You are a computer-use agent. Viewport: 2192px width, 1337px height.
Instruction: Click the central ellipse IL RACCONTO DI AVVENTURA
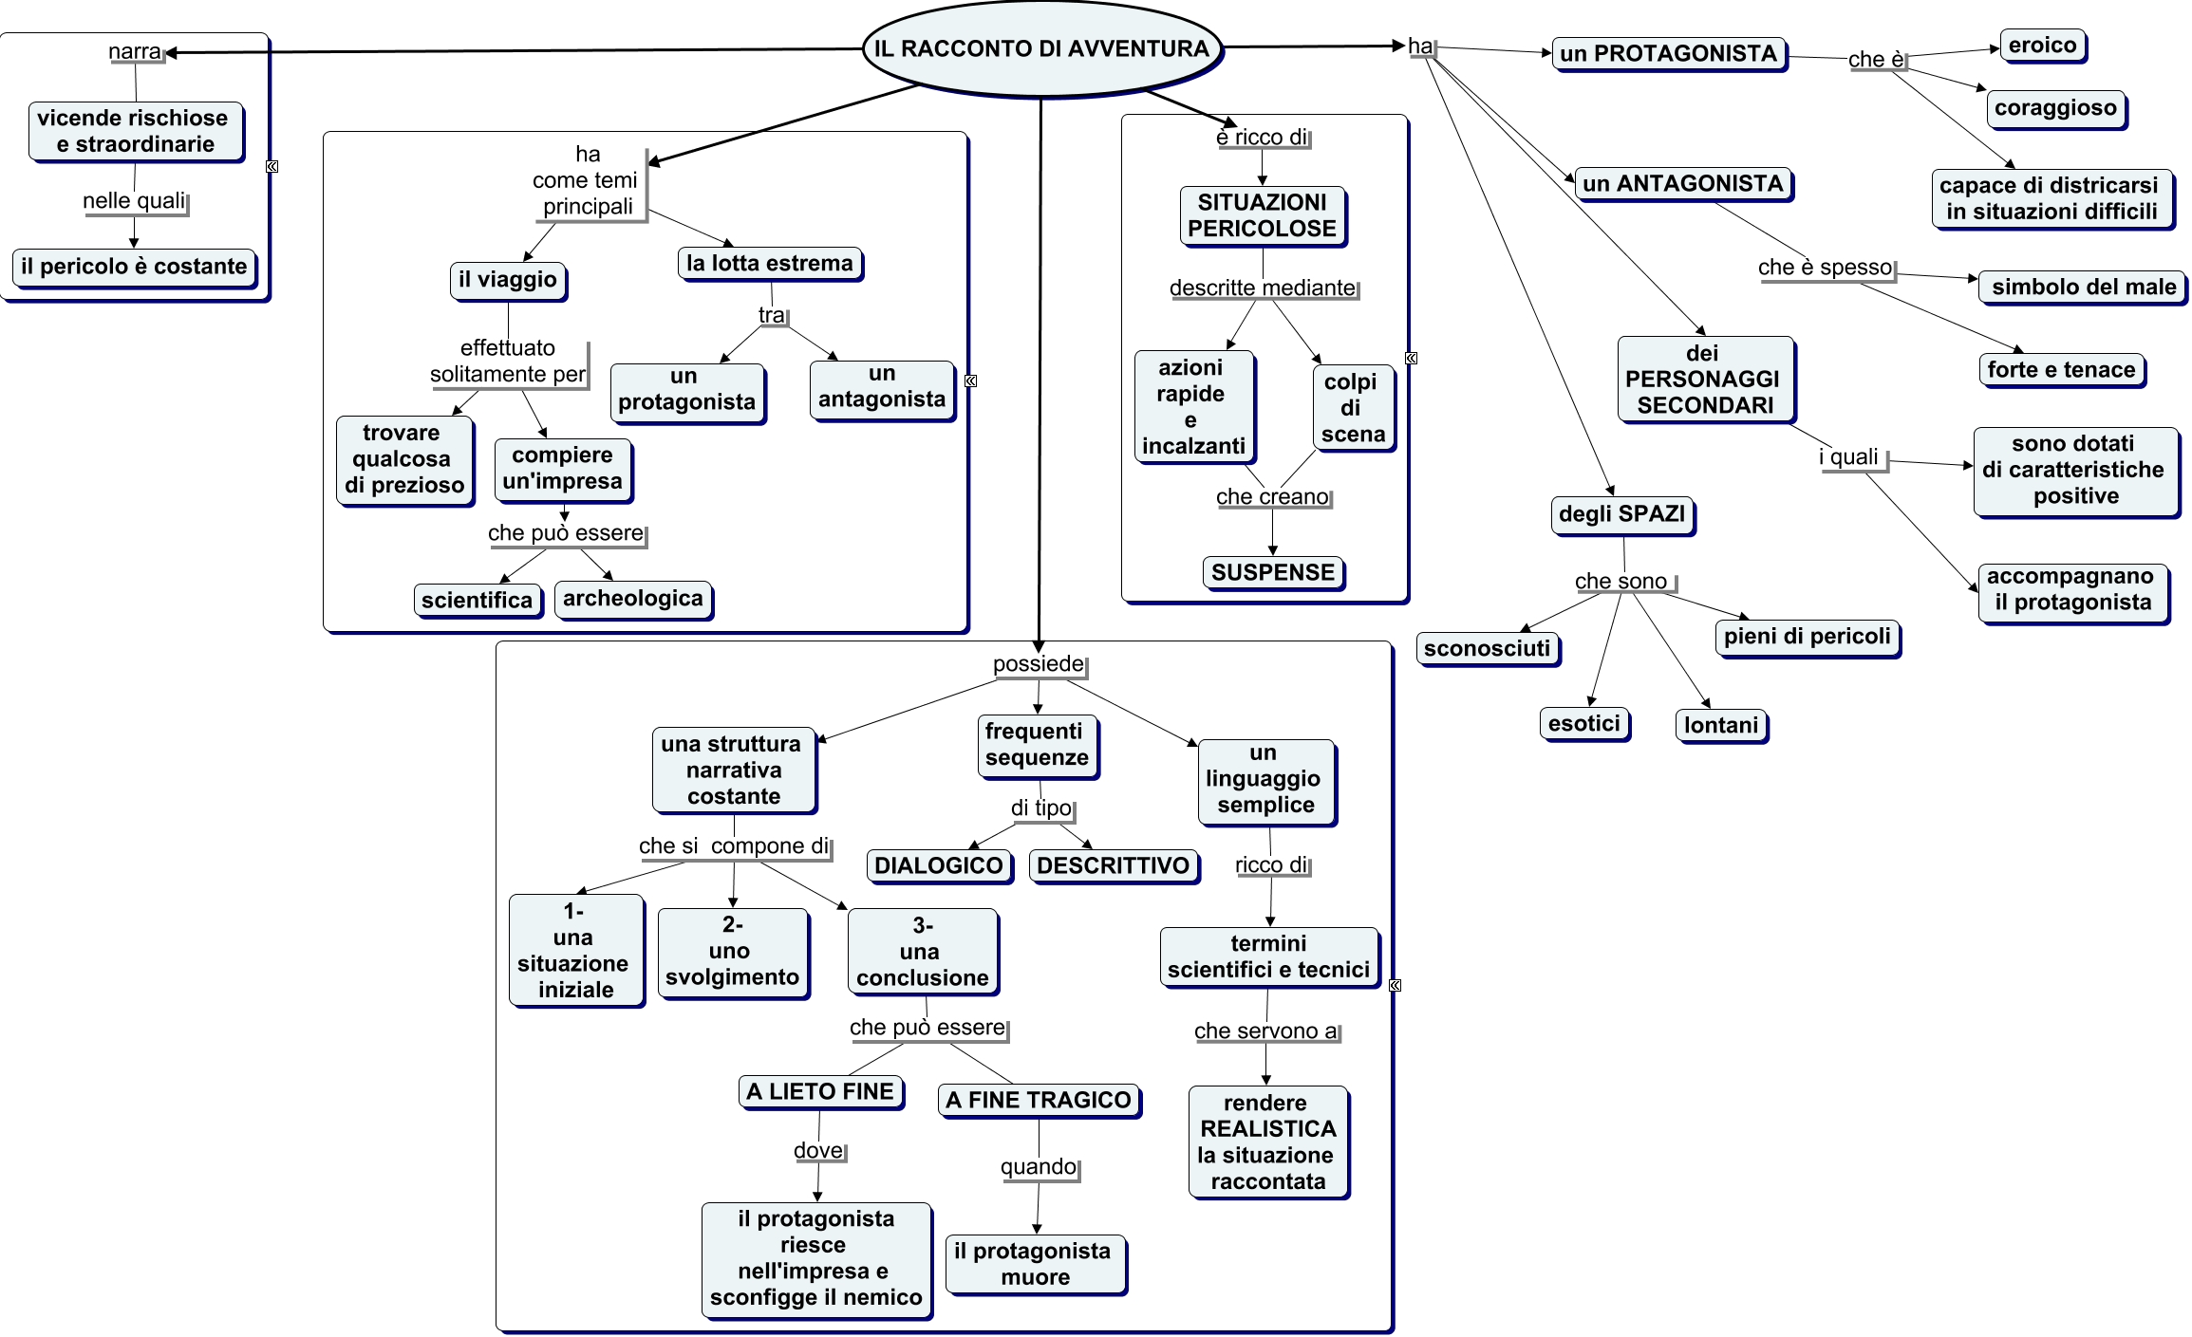coord(1041,49)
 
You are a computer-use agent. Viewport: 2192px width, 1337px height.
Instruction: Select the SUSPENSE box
coord(1273,572)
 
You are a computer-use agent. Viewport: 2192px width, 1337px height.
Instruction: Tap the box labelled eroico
coord(2042,46)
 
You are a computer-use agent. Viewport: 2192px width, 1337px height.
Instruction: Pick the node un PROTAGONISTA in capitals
coord(1668,54)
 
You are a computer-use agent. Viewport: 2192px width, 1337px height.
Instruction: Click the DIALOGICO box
coord(938,865)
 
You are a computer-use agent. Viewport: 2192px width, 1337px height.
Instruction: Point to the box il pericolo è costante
coord(134,267)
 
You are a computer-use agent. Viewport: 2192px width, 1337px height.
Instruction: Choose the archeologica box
coord(632,599)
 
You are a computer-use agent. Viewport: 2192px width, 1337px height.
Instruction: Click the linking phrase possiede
coord(1038,664)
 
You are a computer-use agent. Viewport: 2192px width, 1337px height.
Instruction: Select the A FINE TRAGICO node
coord(1039,1100)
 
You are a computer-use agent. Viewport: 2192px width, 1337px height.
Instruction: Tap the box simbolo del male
coord(2083,287)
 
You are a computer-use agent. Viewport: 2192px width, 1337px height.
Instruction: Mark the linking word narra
coord(135,51)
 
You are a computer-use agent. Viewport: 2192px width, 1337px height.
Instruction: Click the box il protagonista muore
coord(1034,1264)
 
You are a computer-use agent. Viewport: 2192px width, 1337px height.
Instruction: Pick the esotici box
coord(1583,724)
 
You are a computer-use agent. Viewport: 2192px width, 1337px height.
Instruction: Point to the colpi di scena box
coord(1352,408)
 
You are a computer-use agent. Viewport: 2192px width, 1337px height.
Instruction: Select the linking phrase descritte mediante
coord(1263,288)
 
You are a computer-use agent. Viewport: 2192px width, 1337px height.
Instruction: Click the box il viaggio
coord(508,280)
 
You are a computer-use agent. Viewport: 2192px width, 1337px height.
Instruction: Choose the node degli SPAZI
coord(1621,514)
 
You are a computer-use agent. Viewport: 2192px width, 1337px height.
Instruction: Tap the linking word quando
coord(1039,1167)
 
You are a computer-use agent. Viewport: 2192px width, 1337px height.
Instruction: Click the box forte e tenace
coord(2061,370)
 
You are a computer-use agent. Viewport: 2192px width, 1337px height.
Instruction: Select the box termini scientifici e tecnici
coord(1268,956)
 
